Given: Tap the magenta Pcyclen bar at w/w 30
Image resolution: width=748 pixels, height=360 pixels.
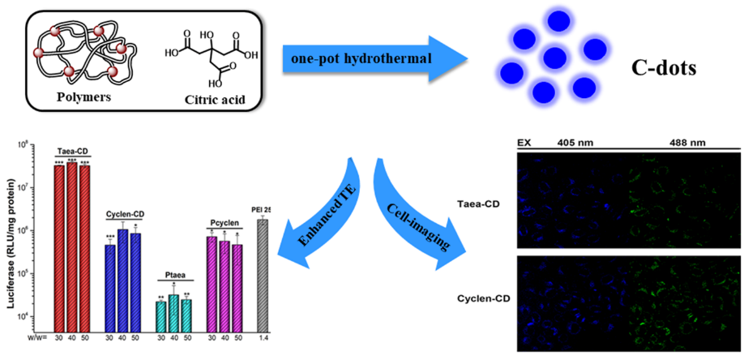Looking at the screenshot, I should click(212, 284).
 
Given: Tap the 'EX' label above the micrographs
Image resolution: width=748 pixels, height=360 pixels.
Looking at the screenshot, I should click(524, 142).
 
